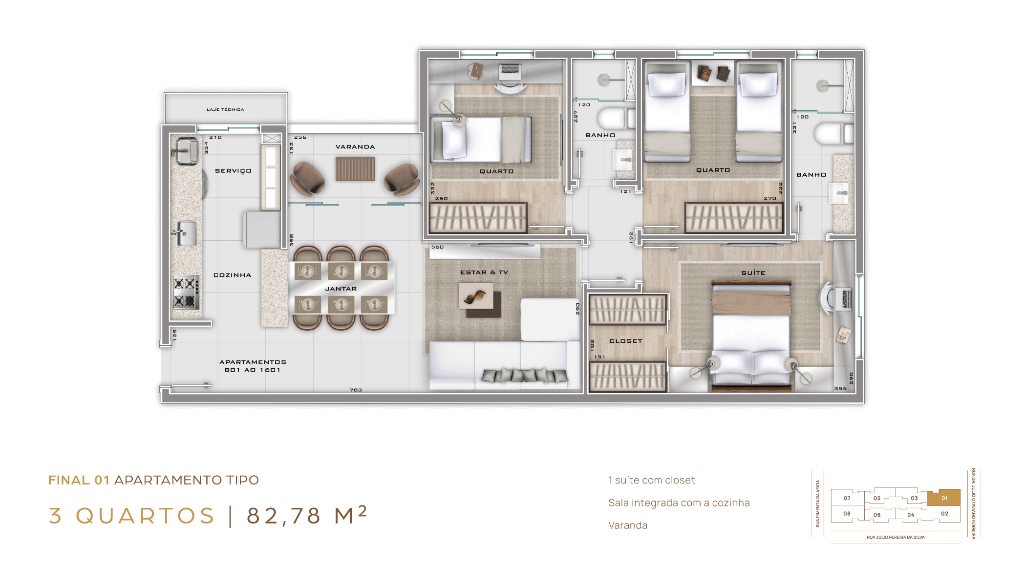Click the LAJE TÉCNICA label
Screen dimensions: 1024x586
pyautogui.click(x=225, y=109)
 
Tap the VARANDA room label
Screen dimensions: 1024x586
pyautogui.click(x=355, y=146)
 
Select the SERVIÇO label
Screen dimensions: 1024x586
pyautogui.click(x=233, y=171)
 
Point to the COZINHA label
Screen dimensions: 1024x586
pyautogui.click(x=232, y=275)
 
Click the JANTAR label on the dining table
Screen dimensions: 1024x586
pyautogui.click(x=341, y=289)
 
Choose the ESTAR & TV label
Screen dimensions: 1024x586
pyautogui.click(x=484, y=272)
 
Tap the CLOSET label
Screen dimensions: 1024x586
pyautogui.click(x=626, y=341)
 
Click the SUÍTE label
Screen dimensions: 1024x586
pyautogui.click(x=753, y=273)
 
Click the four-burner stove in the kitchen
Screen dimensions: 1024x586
pyautogui.click(x=186, y=293)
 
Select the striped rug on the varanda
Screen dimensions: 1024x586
pyautogui.click(x=355, y=169)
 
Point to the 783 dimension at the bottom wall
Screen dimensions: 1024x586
pyautogui.click(x=356, y=390)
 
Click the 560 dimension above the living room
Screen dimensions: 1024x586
pyautogui.click(x=437, y=247)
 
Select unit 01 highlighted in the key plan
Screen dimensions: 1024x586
pyautogui.click(x=944, y=498)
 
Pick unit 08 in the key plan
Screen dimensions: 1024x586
pyautogui.click(x=847, y=514)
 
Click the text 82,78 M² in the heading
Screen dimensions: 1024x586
pyautogui.click(x=307, y=515)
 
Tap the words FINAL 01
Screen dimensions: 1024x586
pyautogui.click(x=79, y=480)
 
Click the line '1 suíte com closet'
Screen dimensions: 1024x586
pyautogui.click(x=651, y=480)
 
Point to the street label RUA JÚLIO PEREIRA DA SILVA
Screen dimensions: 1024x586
pyautogui.click(x=896, y=537)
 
